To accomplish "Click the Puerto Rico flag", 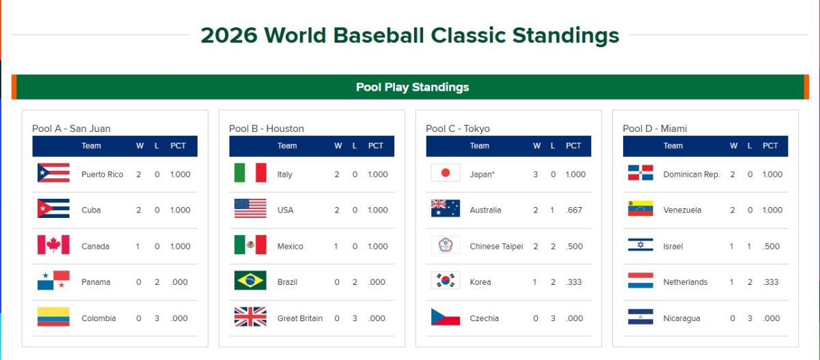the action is point(53,173).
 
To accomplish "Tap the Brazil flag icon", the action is point(250,280).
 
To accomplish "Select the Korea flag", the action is point(446,280).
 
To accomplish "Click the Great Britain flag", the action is point(250,316).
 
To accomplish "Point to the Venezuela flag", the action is point(641,208).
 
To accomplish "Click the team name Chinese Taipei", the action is point(496,246).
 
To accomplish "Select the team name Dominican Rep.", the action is point(692,174).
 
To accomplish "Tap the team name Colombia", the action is point(98,318).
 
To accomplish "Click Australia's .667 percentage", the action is point(574,210).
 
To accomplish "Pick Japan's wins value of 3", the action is point(536,174).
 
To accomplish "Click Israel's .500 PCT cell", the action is point(771,246).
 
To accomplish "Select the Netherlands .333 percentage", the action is point(771,282).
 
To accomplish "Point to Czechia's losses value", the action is point(553,318).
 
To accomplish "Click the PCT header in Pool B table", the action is point(376,146).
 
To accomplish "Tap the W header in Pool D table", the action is point(734,146).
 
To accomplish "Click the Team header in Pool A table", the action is point(91,146).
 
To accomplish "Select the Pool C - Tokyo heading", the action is point(458,128).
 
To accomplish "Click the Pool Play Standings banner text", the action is point(413,87).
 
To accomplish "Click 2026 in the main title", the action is point(229,35).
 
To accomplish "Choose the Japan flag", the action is point(446,173).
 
